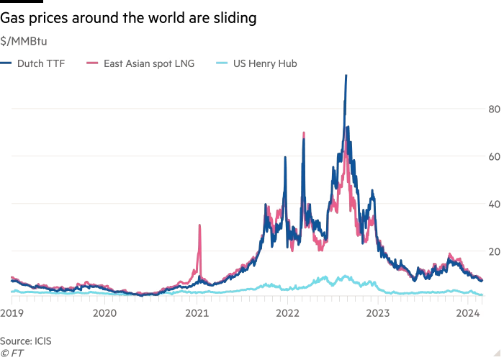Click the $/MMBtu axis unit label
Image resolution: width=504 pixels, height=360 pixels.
pos(23,41)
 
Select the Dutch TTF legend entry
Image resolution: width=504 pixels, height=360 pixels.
pos(41,63)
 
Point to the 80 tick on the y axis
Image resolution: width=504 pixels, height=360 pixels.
pos(495,109)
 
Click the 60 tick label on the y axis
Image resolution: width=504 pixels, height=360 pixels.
pos(495,156)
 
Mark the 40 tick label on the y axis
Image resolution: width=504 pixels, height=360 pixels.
pos(495,204)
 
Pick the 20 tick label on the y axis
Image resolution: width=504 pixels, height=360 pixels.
pos(495,251)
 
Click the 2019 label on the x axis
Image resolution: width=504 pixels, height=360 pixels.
pos(12,313)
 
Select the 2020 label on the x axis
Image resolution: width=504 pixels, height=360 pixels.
pos(105,313)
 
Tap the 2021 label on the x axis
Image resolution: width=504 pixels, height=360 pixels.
pos(197,313)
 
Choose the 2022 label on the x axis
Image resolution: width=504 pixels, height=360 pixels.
pos(288,313)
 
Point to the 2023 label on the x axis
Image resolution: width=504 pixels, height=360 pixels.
pos(379,313)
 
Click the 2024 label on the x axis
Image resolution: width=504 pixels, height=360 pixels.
pos(469,313)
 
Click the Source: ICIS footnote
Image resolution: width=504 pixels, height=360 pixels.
pos(26,341)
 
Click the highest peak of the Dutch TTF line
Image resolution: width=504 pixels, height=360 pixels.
pos(346,75)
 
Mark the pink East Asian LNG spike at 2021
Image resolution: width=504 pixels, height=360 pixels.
pos(199,226)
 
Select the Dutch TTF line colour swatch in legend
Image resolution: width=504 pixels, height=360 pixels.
pos(5,63)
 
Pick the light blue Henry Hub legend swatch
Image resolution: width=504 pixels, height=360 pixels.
pos(222,63)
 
